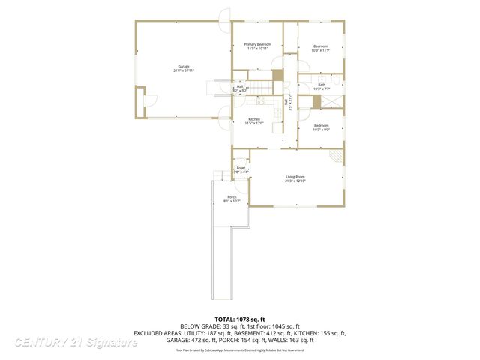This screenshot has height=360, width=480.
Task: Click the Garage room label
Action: [184, 68]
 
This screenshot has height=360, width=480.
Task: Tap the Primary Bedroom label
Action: [258, 46]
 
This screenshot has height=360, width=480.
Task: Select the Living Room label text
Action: [296, 179]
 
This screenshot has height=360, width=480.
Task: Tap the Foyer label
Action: [241, 170]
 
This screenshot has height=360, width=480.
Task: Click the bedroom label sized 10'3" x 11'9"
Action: [321, 49]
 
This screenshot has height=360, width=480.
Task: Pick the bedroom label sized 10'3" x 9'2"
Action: [321, 127]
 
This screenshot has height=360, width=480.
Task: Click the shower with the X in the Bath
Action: [337, 101]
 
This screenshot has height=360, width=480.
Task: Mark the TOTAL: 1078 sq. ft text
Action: [240, 319]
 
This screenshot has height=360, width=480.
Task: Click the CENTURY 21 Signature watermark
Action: [75, 343]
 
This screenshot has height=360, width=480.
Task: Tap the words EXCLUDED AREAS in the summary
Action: [159, 333]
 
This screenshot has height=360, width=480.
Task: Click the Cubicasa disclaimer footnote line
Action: [240, 349]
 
